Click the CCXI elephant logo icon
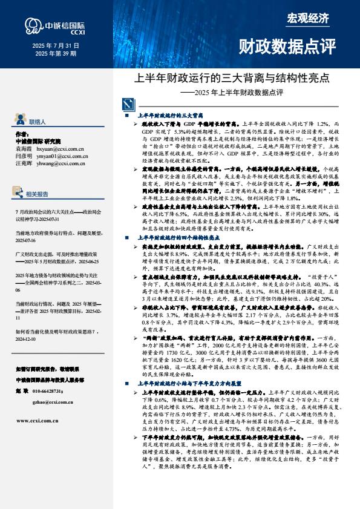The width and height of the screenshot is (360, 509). tap(31, 26)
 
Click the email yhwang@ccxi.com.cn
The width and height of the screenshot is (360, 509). tap(61, 163)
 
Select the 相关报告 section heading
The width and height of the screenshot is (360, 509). tap(38, 195)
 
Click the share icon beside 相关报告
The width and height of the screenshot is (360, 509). tap(19, 194)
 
